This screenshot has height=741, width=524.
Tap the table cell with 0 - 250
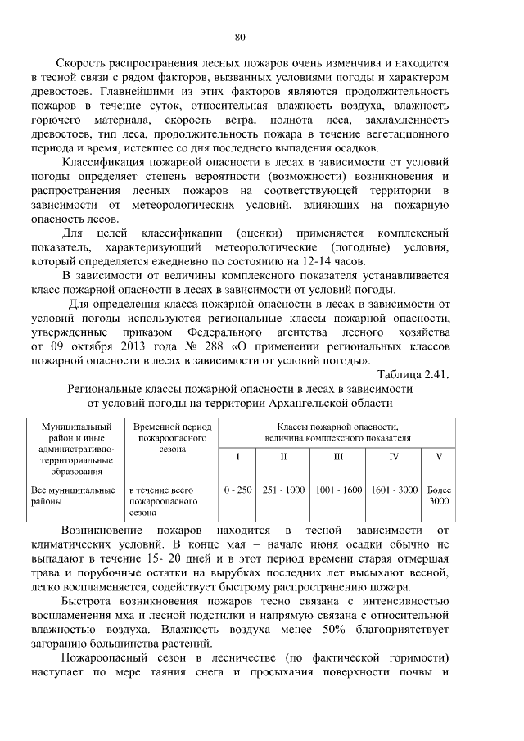tap(237, 490)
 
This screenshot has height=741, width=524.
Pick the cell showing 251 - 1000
tap(283, 490)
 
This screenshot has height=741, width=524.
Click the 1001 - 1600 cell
tap(338, 490)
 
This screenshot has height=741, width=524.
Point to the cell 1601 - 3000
tap(394, 490)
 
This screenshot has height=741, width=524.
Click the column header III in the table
tap(338, 456)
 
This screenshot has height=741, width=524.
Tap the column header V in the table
tap(439, 456)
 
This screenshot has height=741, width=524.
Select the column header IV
tap(394, 456)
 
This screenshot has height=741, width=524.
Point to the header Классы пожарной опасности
tap(337, 432)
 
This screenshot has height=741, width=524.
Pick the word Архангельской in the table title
tap(313, 403)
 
